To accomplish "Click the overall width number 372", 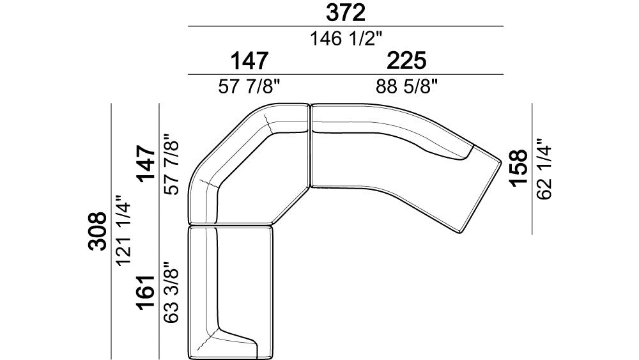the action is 345,13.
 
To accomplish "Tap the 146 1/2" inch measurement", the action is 346,39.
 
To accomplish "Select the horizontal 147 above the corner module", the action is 249,61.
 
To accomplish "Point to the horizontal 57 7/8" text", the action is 249,87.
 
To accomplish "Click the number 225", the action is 406,61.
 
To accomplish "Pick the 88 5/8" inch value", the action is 406,87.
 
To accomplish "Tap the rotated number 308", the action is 98,231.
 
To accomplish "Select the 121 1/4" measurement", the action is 124,231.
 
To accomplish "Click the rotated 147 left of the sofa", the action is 146,164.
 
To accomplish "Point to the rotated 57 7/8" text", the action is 171,164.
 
